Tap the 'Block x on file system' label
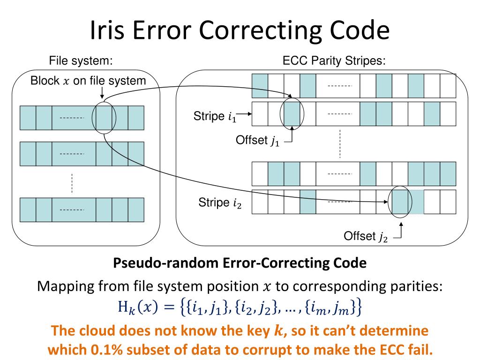coord(88,81)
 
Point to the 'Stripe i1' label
coord(215,117)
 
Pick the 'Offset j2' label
coord(366,236)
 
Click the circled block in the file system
coord(104,117)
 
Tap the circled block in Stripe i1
coord(292,114)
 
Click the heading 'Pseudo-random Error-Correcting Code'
coord(240,263)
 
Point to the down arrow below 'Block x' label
coord(102,94)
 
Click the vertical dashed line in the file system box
coord(72,183)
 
